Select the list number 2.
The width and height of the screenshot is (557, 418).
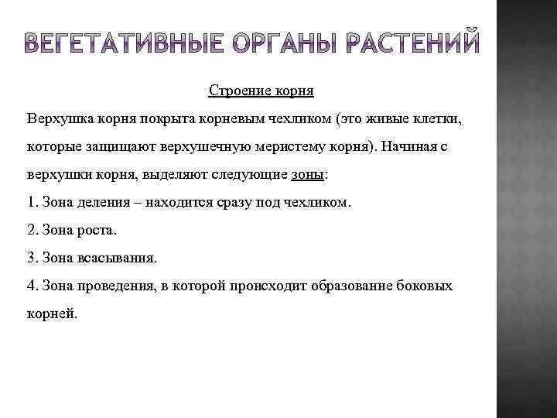31,230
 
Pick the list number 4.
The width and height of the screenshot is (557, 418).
31,286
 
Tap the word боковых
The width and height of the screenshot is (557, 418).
426,286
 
